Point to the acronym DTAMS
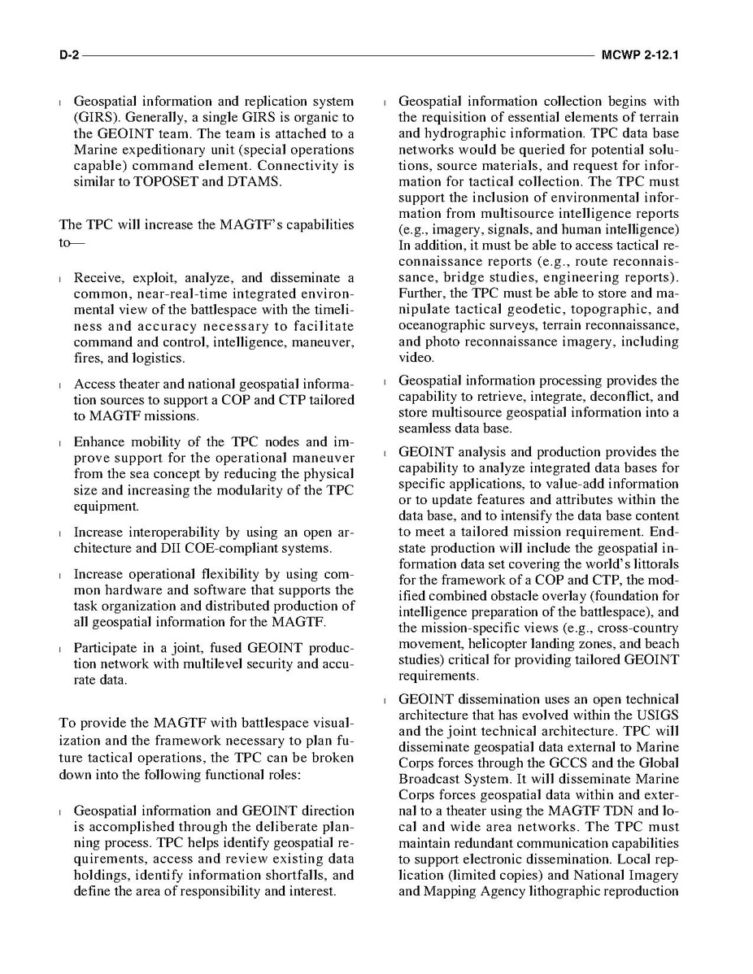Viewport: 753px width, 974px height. tap(254, 181)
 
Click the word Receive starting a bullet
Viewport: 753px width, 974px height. tap(98, 277)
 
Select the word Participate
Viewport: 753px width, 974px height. tap(104, 648)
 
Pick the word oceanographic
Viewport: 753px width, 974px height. tap(440, 325)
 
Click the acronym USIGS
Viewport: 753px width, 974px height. tap(659, 715)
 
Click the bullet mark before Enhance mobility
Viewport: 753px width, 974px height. tap(62, 443)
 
